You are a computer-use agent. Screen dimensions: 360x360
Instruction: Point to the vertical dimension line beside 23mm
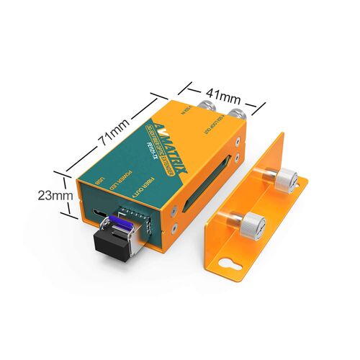tap(71, 194)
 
